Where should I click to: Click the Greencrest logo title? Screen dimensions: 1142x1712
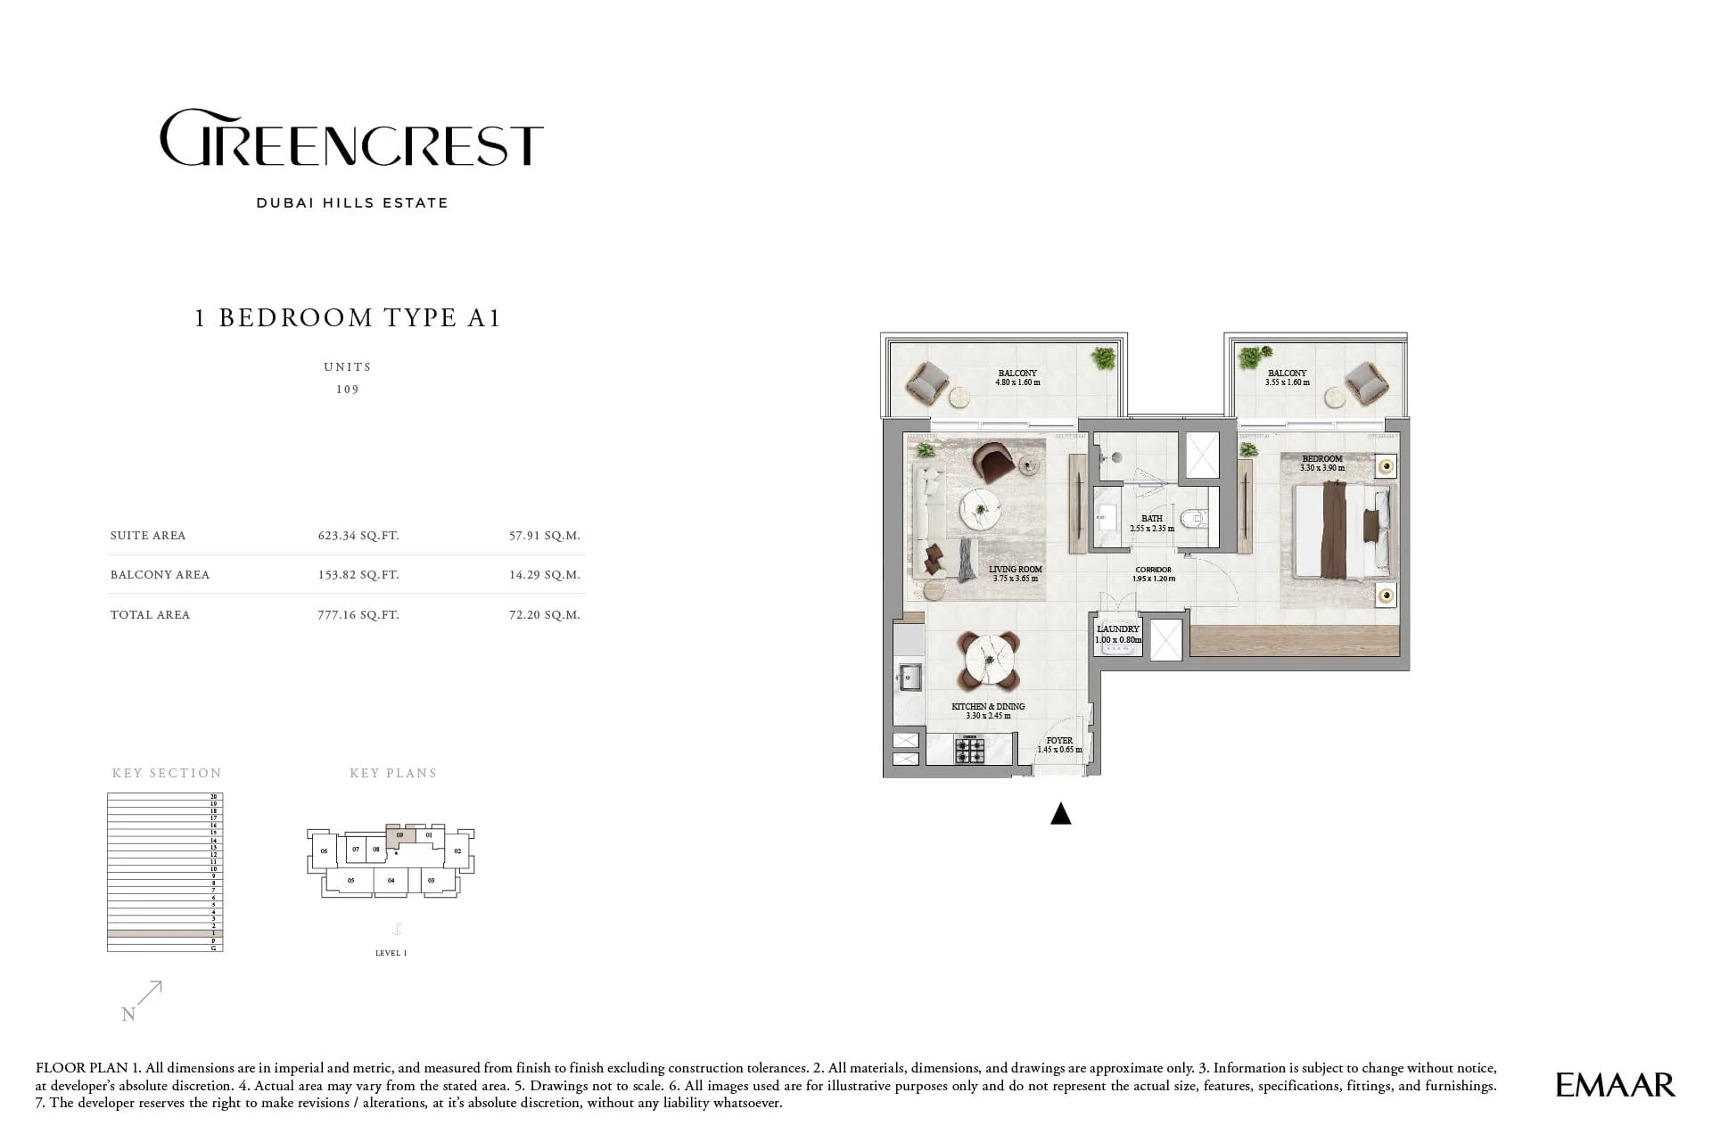point(350,139)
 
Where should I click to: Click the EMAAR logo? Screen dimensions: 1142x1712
point(1615,1085)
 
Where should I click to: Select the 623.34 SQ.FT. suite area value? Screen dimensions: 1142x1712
point(358,536)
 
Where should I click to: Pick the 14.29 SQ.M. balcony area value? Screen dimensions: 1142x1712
point(544,575)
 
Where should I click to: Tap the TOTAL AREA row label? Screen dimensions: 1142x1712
point(150,615)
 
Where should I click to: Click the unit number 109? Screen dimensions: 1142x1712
point(347,390)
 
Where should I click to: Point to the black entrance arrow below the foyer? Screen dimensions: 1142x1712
point(1060,814)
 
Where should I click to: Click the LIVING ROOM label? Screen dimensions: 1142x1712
point(1015,569)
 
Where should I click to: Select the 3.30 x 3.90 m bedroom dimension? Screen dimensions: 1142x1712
point(1321,468)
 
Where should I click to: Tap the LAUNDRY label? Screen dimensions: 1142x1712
point(1117,629)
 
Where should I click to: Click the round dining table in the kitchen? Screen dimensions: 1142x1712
point(988,661)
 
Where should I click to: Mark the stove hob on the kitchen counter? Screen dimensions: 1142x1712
point(970,750)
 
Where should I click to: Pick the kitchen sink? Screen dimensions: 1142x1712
point(909,678)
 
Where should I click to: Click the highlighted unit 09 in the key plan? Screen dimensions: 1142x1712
point(400,836)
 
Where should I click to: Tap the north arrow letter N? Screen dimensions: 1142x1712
point(128,1015)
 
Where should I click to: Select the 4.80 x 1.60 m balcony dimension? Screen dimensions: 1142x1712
point(1017,383)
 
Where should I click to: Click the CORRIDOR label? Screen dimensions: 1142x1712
point(1153,570)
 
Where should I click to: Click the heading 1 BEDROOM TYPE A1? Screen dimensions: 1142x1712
point(347,318)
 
